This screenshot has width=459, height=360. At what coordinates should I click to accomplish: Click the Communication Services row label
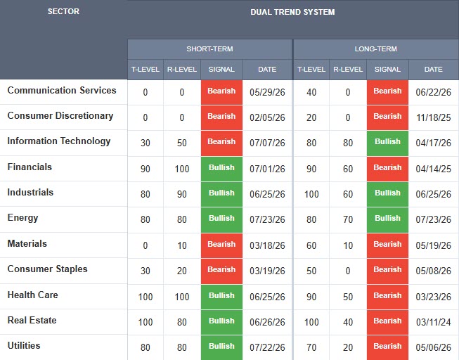pos(62,90)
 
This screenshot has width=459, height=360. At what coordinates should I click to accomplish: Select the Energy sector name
pos(22,218)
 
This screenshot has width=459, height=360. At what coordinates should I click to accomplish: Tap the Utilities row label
pos(24,346)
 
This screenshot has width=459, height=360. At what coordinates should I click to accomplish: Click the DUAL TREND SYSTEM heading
pos(292,12)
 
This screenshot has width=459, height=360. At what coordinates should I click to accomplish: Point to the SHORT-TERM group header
pos(209,49)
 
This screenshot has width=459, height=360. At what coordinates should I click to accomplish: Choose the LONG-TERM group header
pos(375,49)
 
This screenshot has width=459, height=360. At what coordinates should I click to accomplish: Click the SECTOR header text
pos(63,11)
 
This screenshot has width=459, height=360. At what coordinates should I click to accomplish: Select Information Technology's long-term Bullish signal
pos(387,141)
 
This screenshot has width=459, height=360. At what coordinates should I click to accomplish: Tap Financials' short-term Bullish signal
pos(221,167)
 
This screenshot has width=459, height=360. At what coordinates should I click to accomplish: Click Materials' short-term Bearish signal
pos(221,244)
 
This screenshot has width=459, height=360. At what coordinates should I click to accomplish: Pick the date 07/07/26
pos(267,143)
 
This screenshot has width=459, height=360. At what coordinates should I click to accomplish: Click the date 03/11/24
pos(433,322)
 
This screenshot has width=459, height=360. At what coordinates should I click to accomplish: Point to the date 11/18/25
pos(433,117)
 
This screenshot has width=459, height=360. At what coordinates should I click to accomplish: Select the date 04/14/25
pos(433,169)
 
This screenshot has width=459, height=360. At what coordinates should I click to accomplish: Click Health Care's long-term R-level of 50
pos(348,297)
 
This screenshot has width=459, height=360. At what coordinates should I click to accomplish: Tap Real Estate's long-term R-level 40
pos(348,322)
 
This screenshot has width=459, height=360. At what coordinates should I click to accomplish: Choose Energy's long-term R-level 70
pos(348,219)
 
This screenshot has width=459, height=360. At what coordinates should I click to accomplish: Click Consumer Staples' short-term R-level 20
pos(182,271)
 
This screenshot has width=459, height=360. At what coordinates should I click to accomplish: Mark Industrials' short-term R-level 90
pos(182,194)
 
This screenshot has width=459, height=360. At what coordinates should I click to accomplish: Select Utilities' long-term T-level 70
pos(311,348)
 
